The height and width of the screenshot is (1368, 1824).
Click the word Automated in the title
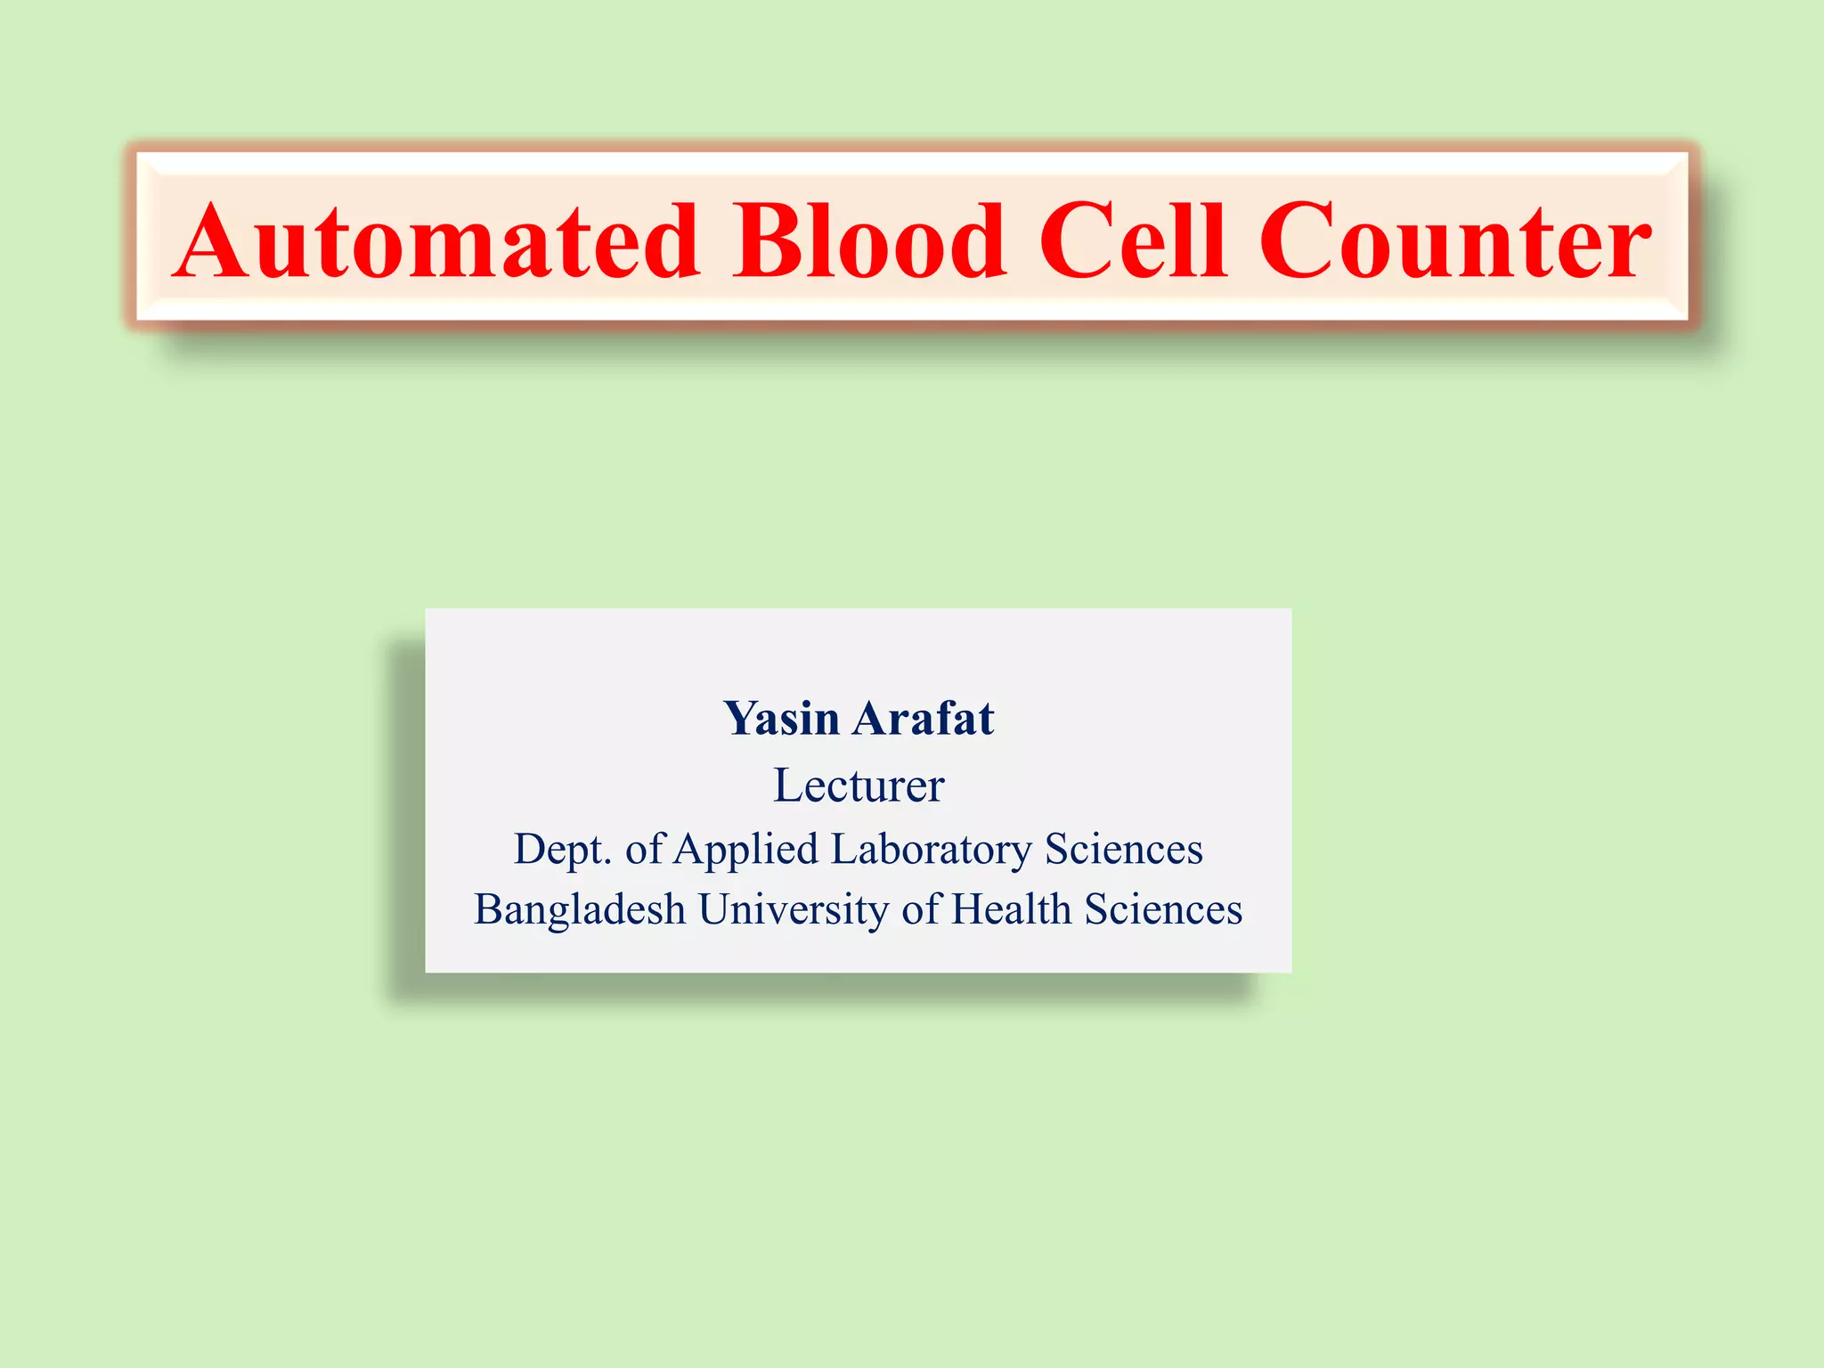(x=436, y=241)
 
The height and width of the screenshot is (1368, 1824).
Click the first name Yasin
(x=781, y=719)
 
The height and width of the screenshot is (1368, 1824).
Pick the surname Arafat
(x=923, y=719)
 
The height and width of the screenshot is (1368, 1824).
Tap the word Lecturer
(x=859, y=786)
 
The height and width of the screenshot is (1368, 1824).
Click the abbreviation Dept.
(x=562, y=850)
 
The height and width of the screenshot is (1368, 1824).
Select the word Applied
(x=745, y=850)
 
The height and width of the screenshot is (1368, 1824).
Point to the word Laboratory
(x=932, y=850)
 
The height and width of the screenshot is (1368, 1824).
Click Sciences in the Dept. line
(x=1124, y=849)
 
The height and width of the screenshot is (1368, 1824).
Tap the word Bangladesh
(x=580, y=910)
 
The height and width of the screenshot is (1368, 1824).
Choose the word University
(x=794, y=910)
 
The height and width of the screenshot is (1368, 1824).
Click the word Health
(x=1012, y=909)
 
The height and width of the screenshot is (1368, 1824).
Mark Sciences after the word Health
(x=1163, y=909)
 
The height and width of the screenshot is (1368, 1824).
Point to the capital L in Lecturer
(x=786, y=786)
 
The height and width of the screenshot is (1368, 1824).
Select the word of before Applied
(x=644, y=849)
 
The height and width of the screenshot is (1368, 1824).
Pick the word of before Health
(x=921, y=909)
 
